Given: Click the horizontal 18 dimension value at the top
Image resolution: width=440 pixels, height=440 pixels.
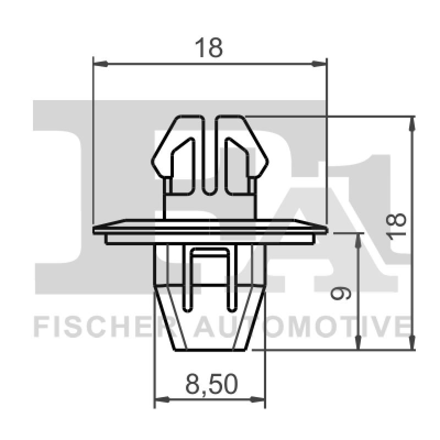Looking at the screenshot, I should point(210,48).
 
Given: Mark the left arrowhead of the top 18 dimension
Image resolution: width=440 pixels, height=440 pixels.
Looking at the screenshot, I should point(100,64).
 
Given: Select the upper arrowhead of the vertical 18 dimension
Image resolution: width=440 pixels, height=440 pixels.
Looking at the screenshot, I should point(412,123).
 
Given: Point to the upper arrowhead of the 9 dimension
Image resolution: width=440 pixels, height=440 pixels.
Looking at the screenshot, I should point(359,238).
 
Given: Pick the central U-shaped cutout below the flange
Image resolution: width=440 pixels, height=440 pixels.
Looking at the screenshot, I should point(210,275).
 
